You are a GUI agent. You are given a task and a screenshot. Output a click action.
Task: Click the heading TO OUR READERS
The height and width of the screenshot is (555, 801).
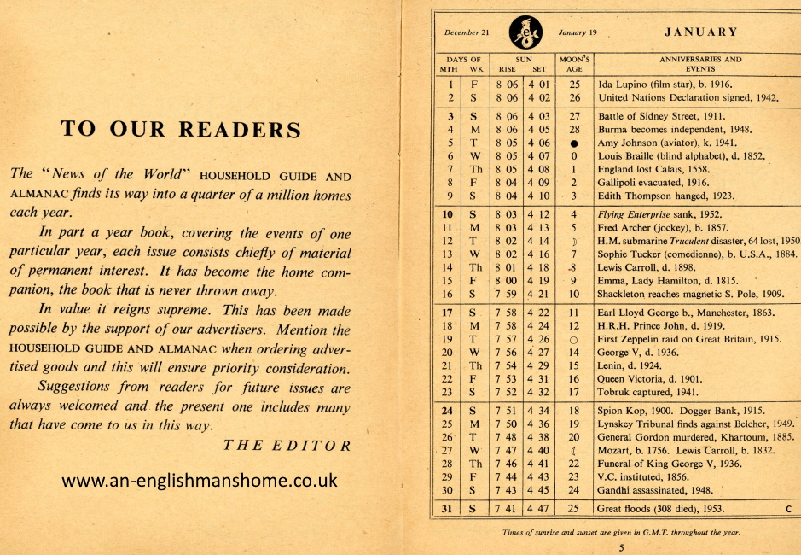coord(180,129)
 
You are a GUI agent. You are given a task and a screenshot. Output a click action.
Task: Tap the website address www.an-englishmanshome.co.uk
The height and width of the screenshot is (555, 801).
coord(200,481)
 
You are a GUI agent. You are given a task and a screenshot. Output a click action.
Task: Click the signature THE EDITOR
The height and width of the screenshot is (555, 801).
coord(287,445)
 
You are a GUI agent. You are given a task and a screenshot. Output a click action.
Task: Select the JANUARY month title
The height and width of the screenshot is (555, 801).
coord(700,32)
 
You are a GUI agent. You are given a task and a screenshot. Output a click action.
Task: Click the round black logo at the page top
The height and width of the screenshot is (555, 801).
coord(525,33)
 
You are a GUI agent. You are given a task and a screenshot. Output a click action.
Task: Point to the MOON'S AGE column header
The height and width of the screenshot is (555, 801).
coord(574,64)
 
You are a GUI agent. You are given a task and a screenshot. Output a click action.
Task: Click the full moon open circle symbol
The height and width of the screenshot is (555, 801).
coord(574,340)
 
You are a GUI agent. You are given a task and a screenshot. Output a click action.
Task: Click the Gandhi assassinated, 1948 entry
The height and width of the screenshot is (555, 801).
coord(654,490)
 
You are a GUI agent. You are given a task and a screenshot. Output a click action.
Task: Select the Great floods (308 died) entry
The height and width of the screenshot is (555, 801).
coord(661,509)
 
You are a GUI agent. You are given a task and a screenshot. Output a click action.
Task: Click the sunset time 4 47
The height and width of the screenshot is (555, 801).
coord(538,509)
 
